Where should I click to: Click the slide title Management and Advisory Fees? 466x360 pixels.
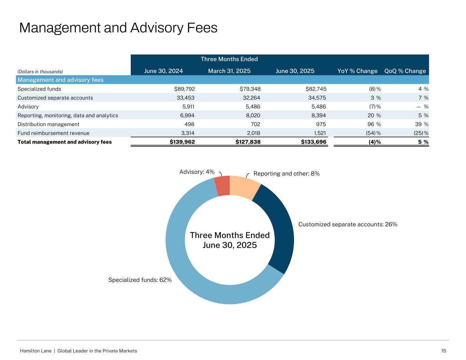[118, 28]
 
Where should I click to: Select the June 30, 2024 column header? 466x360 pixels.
[163, 71]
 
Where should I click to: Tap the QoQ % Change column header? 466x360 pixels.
[405, 71]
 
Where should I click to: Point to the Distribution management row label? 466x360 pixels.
[48, 125]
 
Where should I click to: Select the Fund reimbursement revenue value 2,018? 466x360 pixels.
[253, 133]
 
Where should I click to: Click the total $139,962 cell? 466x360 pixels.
[182, 142]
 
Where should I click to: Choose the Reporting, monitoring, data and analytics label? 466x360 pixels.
[68, 116]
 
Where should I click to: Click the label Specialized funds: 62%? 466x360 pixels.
[140, 280]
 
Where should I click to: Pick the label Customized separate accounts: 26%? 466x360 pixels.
[348, 225]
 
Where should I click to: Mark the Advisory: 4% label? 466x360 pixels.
[197, 172]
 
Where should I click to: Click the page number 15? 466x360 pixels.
[443, 351]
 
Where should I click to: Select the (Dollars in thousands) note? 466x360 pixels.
[40, 72]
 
